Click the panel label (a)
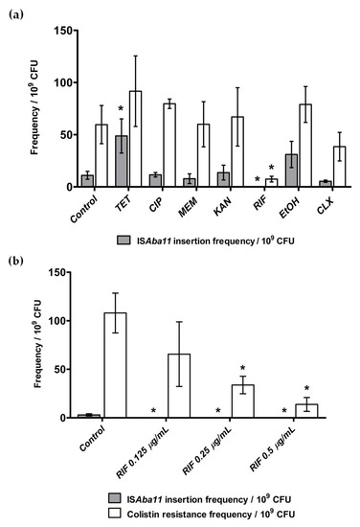pos(12,10)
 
